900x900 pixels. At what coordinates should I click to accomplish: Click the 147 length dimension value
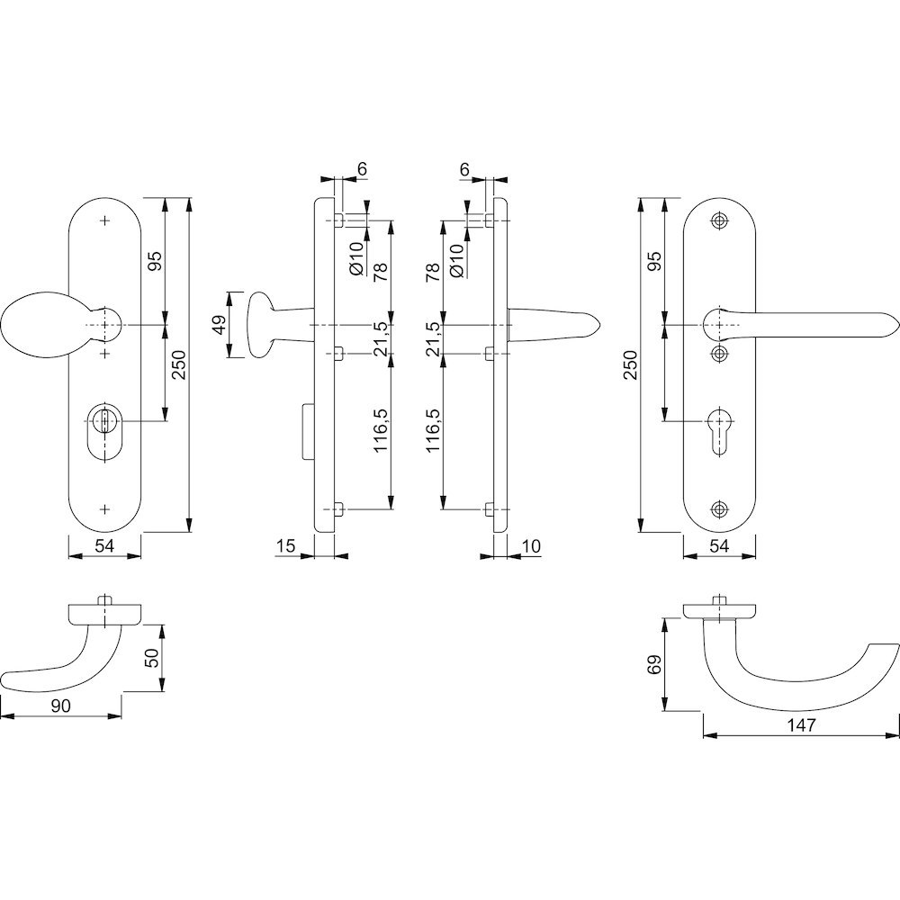tap(801, 725)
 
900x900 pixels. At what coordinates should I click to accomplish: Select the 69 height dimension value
tap(655, 664)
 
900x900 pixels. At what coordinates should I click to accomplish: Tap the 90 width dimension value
tap(60, 706)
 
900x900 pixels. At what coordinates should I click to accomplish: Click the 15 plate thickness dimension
tap(285, 545)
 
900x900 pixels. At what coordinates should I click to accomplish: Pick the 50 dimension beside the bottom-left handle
tap(151, 657)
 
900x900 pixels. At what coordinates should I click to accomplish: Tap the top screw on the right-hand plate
tap(718, 221)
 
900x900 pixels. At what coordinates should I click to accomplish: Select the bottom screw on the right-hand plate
tap(718, 508)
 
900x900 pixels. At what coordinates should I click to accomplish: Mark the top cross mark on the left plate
tap(105, 220)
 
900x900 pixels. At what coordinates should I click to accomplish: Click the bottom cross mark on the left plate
tap(105, 508)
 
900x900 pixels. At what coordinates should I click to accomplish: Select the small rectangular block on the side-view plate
tap(308, 431)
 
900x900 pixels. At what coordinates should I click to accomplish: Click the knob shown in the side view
tap(262, 326)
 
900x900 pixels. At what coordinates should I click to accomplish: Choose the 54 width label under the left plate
tap(104, 545)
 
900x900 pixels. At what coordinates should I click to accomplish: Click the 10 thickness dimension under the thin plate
tap(532, 545)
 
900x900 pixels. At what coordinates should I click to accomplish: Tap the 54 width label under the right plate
tap(718, 545)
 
